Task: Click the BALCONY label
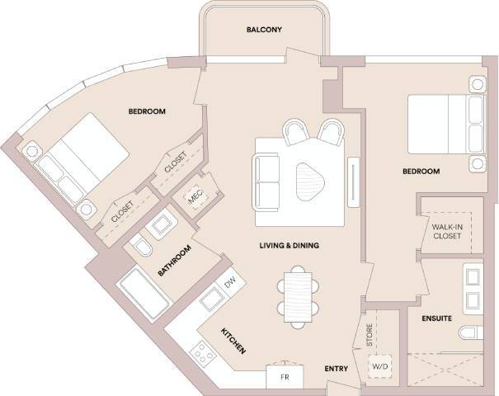pos(264,31)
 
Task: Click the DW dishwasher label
pos(231,283)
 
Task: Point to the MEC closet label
pos(195,196)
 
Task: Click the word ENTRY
pos(336,368)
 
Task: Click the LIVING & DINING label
pos(290,246)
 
